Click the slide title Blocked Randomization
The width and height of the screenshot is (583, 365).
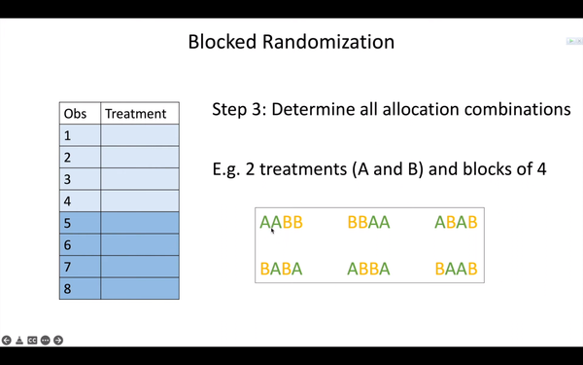coord(291,42)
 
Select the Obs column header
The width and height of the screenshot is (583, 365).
coord(74,113)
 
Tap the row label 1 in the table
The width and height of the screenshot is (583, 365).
coord(67,135)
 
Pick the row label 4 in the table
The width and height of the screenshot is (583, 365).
coord(67,201)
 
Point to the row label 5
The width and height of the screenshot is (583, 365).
coord(67,224)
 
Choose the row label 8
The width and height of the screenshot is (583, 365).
coord(67,289)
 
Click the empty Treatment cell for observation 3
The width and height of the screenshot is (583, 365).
coord(140,179)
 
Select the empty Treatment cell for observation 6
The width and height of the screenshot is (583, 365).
coord(140,245)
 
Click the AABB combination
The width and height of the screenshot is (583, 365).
coord(281,222)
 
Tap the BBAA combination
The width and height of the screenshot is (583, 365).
coord(368,222)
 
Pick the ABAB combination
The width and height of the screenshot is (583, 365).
coord(456,222)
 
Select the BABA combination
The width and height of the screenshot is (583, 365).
coord(281,269)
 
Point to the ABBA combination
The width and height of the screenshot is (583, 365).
coord(368,269)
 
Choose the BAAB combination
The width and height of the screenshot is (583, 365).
coord(456,269)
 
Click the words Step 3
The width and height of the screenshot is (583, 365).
coord(237,109)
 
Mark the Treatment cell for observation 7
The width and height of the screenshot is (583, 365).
coord(140,267)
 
